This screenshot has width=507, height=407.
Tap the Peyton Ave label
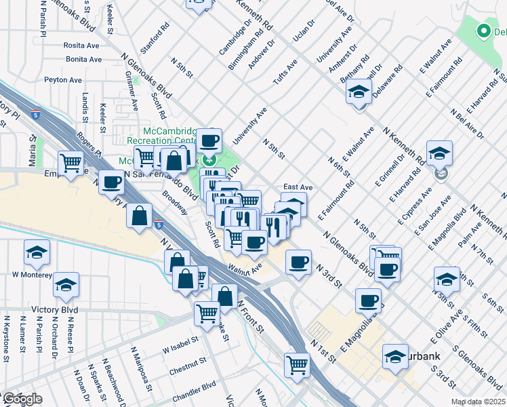coord(63,80)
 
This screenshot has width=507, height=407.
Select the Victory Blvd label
coord(54,310)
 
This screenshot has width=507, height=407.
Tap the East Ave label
coord(298,187)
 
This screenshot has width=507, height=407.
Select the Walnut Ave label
coord(245,269)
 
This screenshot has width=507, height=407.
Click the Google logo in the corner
coord(22,400)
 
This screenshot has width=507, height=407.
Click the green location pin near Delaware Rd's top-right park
coord(483,31)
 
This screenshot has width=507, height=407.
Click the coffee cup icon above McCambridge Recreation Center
coord(209,140)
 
